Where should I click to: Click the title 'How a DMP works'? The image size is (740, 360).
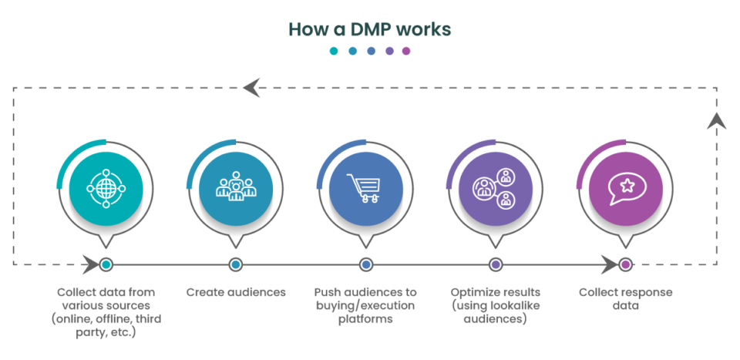click(x=370, y=29)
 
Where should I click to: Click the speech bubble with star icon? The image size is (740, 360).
click(x=625, y=187)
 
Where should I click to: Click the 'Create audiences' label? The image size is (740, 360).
click(x=236, y=293)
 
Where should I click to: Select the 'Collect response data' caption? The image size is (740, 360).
click(x=625, y=299)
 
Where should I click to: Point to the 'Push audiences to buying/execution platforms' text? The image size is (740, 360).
click(x=365, y=305)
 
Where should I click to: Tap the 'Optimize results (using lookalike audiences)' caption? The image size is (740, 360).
click(x=496, y=305)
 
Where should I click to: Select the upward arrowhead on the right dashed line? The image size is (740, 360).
click(x=717, y=121)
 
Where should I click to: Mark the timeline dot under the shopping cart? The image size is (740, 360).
click(x=365, y=264)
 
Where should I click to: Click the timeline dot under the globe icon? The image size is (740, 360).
click(x=106, y=264)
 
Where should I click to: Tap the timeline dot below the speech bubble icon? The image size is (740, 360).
click(x=625, y=264)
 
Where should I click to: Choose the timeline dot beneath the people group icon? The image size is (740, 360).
click(x=236, y=264)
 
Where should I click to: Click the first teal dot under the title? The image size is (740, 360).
click(x=334, y=52)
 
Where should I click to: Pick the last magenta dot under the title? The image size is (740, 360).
click(x=406, y=52)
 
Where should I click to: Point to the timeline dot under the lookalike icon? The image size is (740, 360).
click(x=496, y=264)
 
